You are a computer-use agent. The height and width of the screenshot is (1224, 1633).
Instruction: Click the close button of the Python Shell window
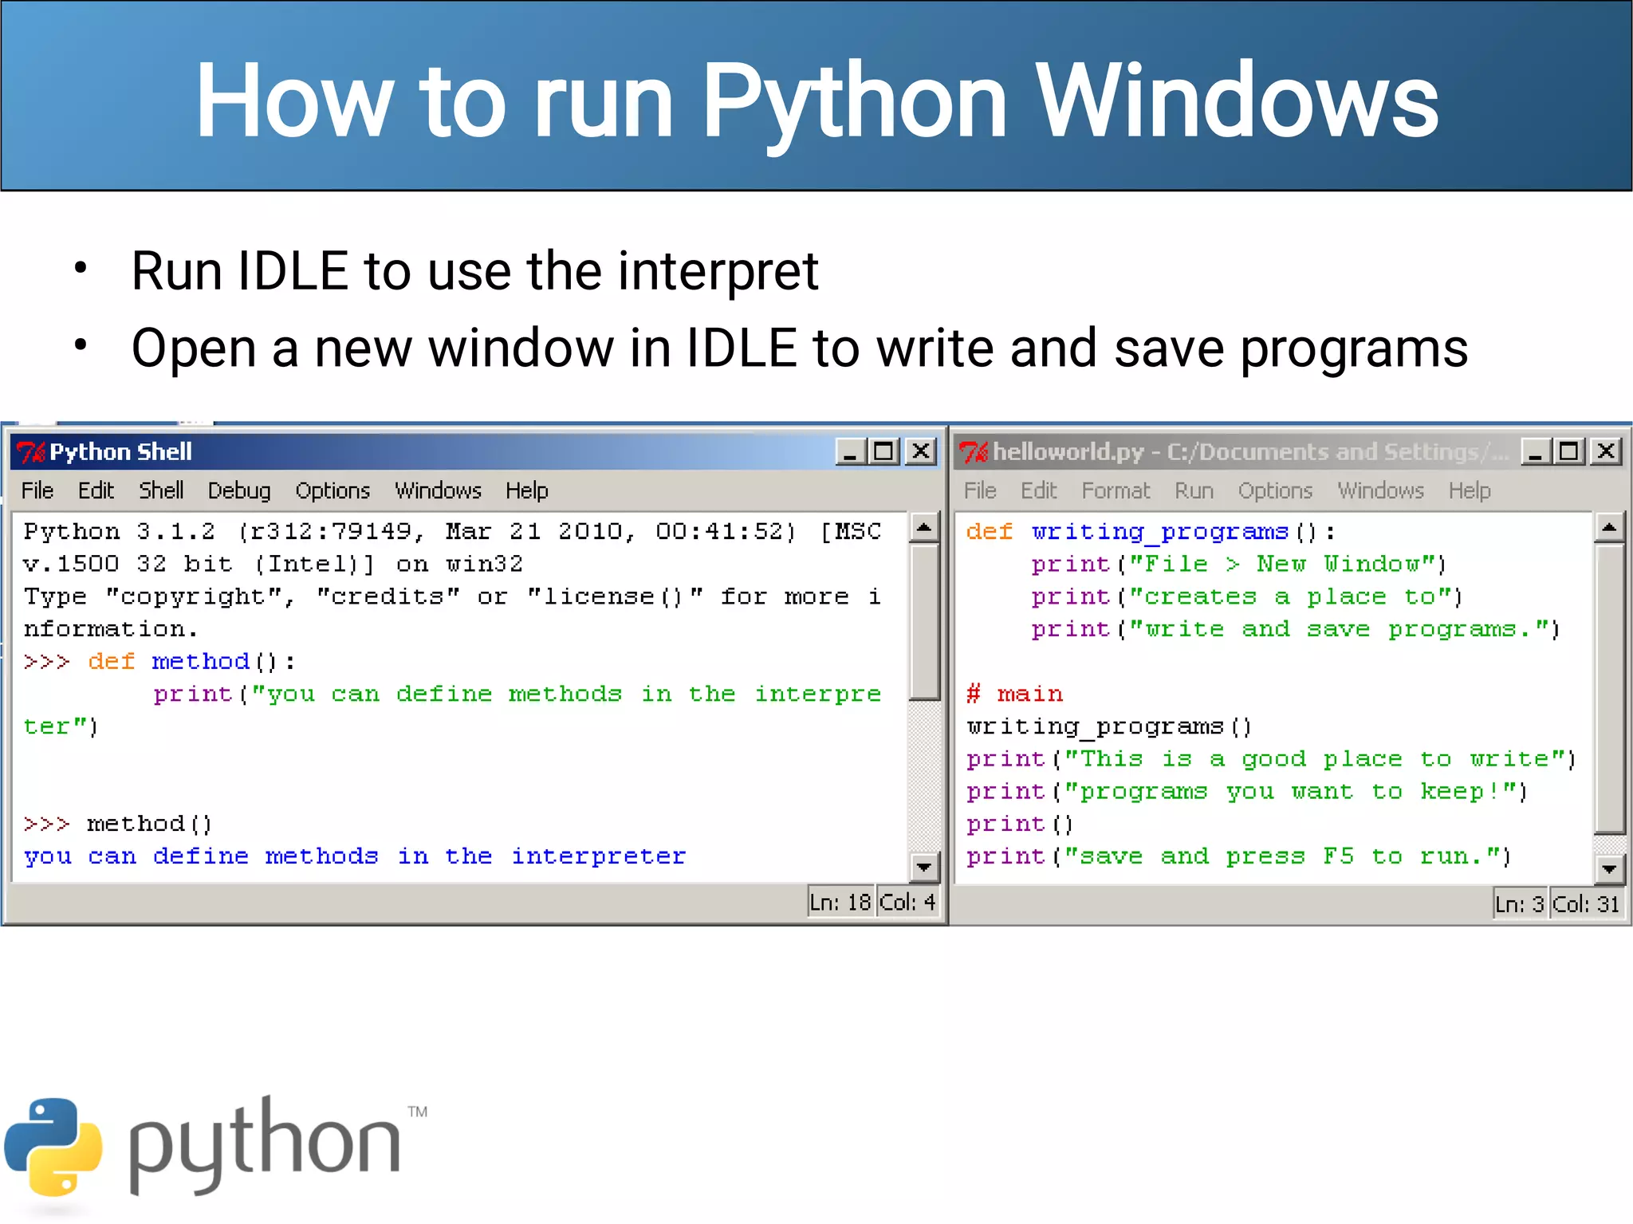click(x=921, y=451)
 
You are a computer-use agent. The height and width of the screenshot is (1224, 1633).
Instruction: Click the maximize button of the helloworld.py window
click(x=1569, y=451)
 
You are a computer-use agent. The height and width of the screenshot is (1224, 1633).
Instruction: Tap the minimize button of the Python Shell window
click(x=849, y=451)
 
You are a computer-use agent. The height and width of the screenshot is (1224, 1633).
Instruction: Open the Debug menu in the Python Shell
click(x=239, y=490)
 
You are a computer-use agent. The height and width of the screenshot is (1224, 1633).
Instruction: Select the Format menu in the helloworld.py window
click(x=1116, y=490)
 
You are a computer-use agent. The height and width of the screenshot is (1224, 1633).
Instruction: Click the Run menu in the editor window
click(x=1194, y=490)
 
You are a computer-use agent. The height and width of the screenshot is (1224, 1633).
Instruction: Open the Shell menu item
click(x=161, y=490)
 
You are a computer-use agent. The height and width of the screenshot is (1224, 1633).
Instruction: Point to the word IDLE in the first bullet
click(x=293, y=271)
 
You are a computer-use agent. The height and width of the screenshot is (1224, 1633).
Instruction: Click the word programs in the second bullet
click(x=1353, y=348)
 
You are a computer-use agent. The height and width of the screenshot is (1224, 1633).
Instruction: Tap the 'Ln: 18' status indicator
click(x=840, y=902)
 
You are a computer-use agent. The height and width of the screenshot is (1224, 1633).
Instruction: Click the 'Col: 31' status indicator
click(x=1586, y=903)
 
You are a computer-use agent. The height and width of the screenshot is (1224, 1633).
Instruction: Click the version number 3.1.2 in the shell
click(x=175, y=531)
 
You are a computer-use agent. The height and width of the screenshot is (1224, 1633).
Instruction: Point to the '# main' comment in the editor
click(x=1014, y=694)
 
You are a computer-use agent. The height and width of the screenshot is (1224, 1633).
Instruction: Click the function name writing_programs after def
click(x=1159, y=531)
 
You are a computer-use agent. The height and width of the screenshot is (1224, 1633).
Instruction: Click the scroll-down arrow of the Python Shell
click(x=924, y=867)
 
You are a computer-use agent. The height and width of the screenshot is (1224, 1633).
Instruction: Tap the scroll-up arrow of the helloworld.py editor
click(x=1609, y=527)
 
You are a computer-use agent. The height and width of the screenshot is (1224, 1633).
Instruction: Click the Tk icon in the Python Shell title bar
click(x=32, y=452)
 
